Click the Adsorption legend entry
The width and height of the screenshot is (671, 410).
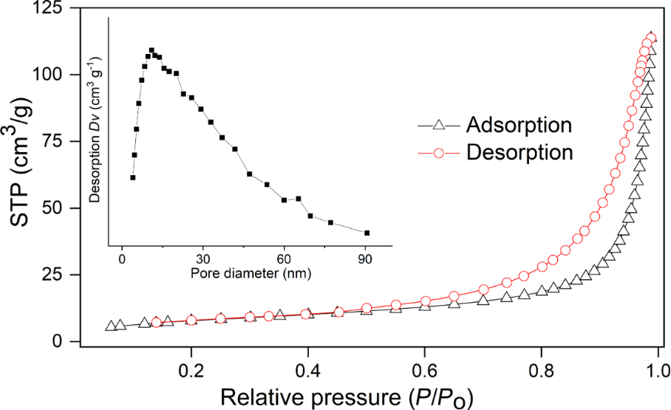click(518, 125)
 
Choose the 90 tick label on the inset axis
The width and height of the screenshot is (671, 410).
click(364, 259)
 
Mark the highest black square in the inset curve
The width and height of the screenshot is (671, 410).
click(151, 51)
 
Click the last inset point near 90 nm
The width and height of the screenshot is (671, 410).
click(367, 233)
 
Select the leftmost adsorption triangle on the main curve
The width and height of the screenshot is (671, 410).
click(111, 326)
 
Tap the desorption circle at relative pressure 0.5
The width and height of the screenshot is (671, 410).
click(367, 308)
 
